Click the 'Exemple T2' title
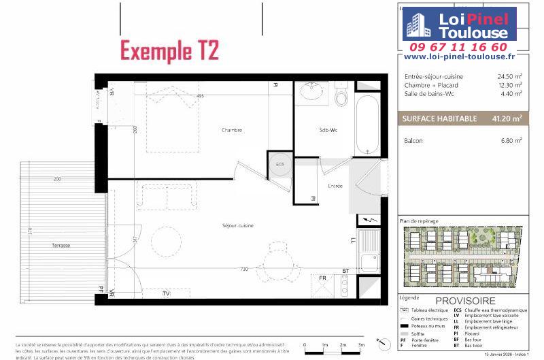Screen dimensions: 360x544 pyautogui.click(x=169, y=50)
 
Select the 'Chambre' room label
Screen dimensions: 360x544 pyautogui.click(x=232, y=130)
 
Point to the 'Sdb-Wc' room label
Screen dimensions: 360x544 pyautogui.click(x=329, y=130)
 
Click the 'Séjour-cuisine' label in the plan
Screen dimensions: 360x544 pyautogui.click(x=237, y=226)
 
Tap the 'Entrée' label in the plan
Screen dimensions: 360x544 pyautogui.click(x=335, y=186)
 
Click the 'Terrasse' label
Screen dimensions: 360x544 pyautogui.click(x=61, y=245)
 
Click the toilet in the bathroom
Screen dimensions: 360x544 pyautogui.click(x=342, y=96)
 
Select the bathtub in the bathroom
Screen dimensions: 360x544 pyautogui.click(x=368, y=125)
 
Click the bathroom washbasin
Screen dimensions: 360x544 pyautogui.click(x=312, y=91)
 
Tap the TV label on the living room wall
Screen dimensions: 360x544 pyautogui.click(x=166, y=293)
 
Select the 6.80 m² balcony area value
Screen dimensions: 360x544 pyautogui.click(x=509, y=140)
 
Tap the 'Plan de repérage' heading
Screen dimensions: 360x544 pyautogui.click(x=420, y=221)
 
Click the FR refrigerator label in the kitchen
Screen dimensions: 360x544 pyautogui.click(x=323, y=278)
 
